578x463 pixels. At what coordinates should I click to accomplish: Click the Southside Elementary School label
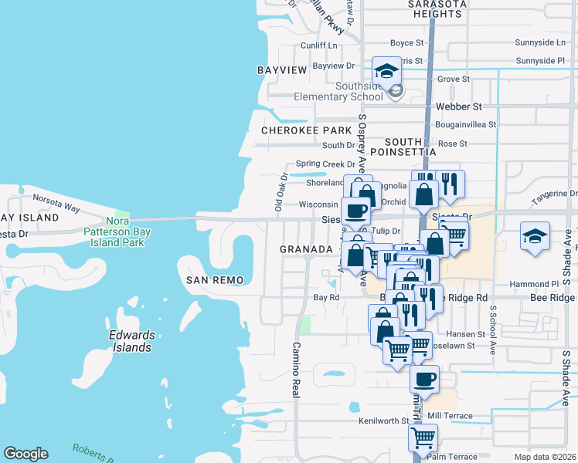(338, 91)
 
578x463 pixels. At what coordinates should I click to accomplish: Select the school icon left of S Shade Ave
(535, 235)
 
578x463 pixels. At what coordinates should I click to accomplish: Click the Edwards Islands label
(131, 341)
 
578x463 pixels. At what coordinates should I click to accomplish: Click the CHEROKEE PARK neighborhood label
(306, 130)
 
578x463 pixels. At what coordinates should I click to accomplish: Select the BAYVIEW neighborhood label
(282, 70)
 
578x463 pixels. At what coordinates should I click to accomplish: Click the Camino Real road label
(295, 370)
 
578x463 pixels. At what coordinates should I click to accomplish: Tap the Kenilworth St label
(383, 421)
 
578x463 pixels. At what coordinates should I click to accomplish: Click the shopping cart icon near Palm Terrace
(423, 438)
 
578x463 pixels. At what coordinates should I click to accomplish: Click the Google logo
(25, 454)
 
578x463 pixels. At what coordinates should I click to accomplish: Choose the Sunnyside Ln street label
(541, 42)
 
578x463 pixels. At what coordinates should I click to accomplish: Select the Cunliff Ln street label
(320, 46)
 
